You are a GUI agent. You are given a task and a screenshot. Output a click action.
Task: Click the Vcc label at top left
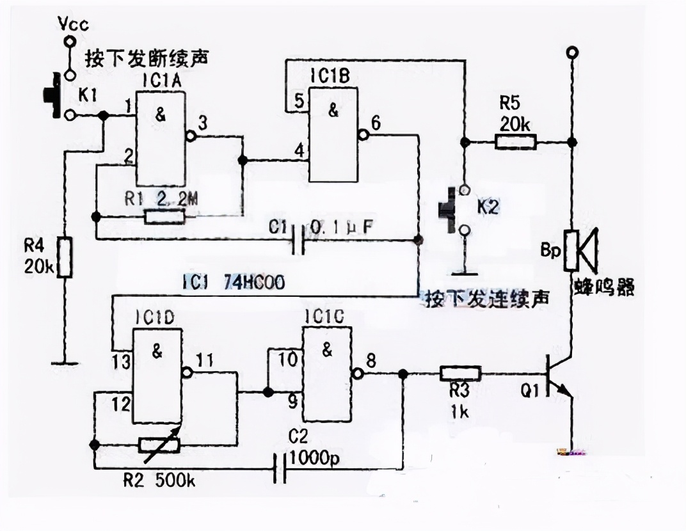pyautogui.click(x=72, y=24)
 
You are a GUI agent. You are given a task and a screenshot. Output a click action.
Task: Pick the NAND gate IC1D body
pyautogui.click(x=157, y=376)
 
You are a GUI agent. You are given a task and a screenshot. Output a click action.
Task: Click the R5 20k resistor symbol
pyautogui.click(x=516, y=141)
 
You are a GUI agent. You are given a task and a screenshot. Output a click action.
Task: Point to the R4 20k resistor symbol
pyautogui.click(x=64, y=257)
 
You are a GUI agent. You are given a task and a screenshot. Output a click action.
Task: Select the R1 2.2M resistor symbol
pyautogui.click(x=165, y=217)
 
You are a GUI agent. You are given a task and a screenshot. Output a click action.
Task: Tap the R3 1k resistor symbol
pyautogui.click(x=459, y=374)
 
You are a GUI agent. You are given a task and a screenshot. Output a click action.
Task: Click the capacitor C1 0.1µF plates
pyautogui.click(x=297, y=240)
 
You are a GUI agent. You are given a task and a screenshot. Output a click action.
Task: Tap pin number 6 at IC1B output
pyautogui.click(x=376, y=124)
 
